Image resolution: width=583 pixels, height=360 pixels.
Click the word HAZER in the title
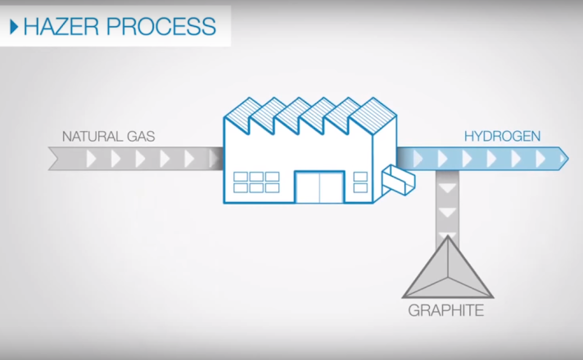point(61,26)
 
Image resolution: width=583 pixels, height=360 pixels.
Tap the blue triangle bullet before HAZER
point(14,27)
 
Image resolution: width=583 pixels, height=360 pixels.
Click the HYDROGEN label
point(502,136)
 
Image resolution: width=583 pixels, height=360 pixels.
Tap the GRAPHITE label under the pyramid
point(446,311)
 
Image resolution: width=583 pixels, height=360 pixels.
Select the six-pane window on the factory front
point(255,182)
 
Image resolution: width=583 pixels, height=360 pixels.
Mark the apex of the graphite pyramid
point(447,238)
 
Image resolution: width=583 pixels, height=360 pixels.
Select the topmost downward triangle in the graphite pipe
point(447,187)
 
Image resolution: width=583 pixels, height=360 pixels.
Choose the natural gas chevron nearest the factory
point(214,158)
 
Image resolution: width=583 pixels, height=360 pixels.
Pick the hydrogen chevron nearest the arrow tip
point(540,158)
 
